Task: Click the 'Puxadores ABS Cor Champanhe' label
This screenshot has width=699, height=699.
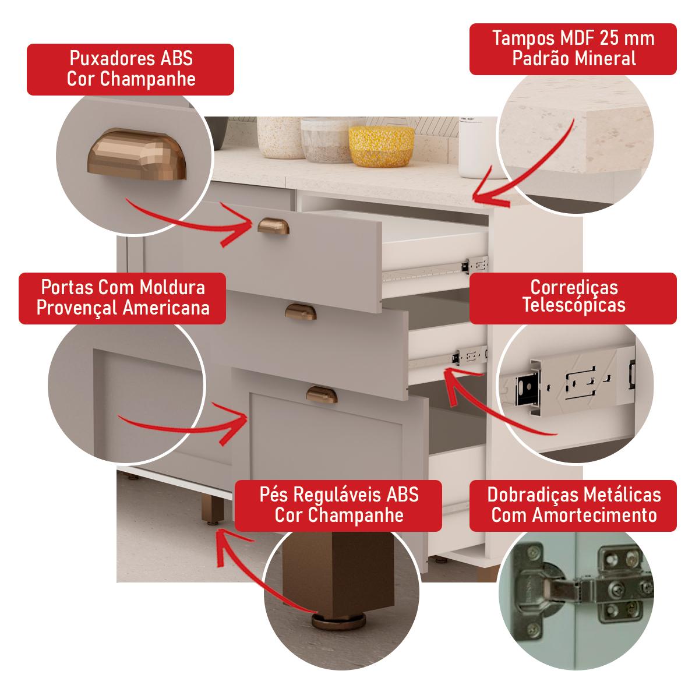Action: (130, 69)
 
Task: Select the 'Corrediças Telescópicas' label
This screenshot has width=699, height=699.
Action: (573, 297)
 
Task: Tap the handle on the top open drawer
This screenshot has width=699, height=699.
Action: (269, 225)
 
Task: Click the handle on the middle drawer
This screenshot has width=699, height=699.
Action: (301, 312)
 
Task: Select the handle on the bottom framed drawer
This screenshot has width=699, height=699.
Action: (317, 393)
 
